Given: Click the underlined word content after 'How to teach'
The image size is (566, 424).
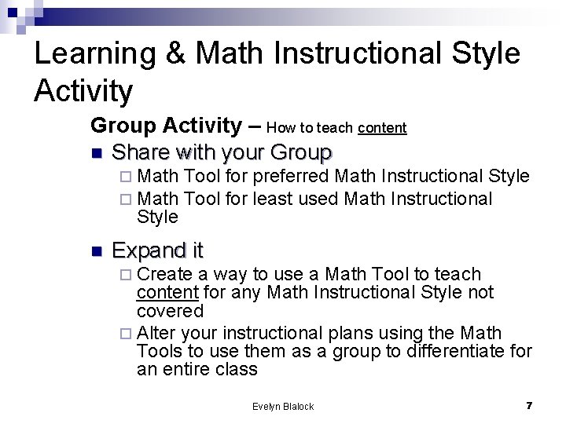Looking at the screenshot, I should click(x=382, y=128).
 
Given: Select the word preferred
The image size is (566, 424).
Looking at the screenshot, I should click(x=291, y=177).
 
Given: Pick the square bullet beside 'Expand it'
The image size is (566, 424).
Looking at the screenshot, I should click(x=97, y=251).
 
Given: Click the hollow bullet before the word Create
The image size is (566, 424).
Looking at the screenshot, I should click(x=129, y=275).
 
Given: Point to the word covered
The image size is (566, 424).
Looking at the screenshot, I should click(x=169, y=311).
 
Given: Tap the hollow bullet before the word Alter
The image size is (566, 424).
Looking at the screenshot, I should click(x=129, y=332).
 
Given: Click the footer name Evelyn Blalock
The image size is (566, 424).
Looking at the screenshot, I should click(x=283, y=406).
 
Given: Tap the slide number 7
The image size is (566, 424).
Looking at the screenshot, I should click(x=529, y=405).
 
